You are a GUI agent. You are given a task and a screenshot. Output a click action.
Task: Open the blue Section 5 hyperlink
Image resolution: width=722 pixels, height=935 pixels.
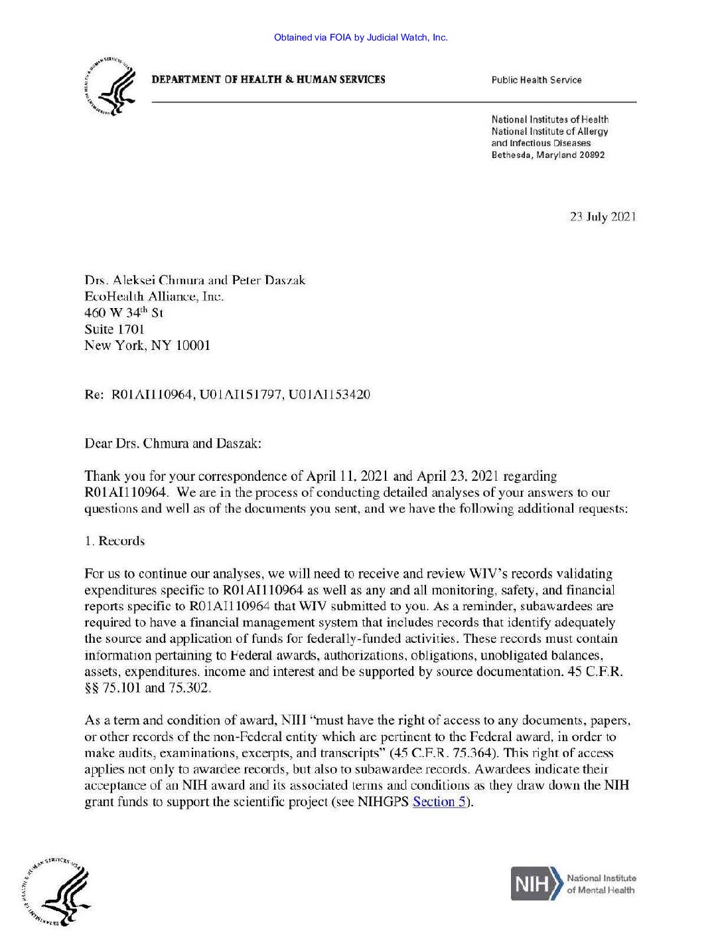pyautogui.click(x=439, y=802)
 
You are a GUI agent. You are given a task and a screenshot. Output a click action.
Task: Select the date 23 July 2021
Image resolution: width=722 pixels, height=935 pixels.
pyautogui.click(x=603, y=216)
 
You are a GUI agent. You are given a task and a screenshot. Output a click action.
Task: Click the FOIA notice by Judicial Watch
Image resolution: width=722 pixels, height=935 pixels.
pyautogui.click(x=361, y=37)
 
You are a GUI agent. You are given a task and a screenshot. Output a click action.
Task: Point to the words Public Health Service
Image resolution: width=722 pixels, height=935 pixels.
pyautogui.click(x=536, y=80)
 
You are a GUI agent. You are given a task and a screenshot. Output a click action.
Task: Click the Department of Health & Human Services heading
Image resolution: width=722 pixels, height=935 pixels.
pyautogui.click(x=268, y=80)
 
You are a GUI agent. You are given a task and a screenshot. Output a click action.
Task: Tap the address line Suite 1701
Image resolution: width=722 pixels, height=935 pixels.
pyautogui.click(x=114, y=329)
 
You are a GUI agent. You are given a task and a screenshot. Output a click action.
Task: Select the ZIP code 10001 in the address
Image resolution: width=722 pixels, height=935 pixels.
pyautogui.click(x=192, y=345)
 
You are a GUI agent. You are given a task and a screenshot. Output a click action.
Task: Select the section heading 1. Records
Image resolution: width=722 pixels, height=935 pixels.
pyautogui.click(x=114, y=541)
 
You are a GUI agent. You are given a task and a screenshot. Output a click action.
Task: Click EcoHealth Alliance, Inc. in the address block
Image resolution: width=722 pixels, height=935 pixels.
pyautogui.click(x=154, y=296)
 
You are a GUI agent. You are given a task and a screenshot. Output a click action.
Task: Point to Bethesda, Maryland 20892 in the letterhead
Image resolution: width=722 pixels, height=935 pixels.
pyautogui.click(x=547, y=155)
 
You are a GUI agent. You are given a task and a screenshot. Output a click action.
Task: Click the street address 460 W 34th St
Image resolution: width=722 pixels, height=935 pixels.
pyautogui.click(x=123, y=312)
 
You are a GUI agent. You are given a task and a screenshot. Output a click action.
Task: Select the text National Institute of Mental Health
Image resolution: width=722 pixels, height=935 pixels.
pyautogui.click(x=601, y=884)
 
